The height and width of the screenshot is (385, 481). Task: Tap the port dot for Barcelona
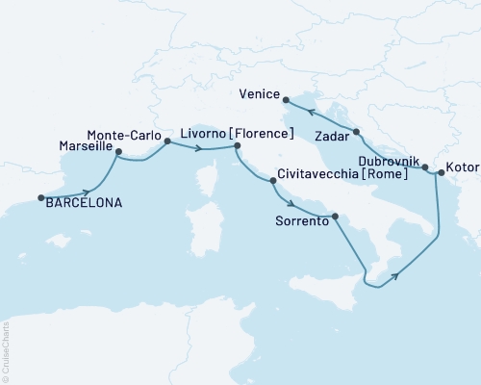(x=40, y=198)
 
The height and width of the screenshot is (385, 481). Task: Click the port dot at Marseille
(x=118, y=151)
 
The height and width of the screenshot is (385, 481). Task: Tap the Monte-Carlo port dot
(x=167, y=141)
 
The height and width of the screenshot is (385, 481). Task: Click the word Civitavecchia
(x=317, y=177)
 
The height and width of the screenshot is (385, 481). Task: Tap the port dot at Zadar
(x=356, y=131)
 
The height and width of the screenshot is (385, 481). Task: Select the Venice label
(x=260, y=95)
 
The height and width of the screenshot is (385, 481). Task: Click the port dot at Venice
(x=287, y=96)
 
